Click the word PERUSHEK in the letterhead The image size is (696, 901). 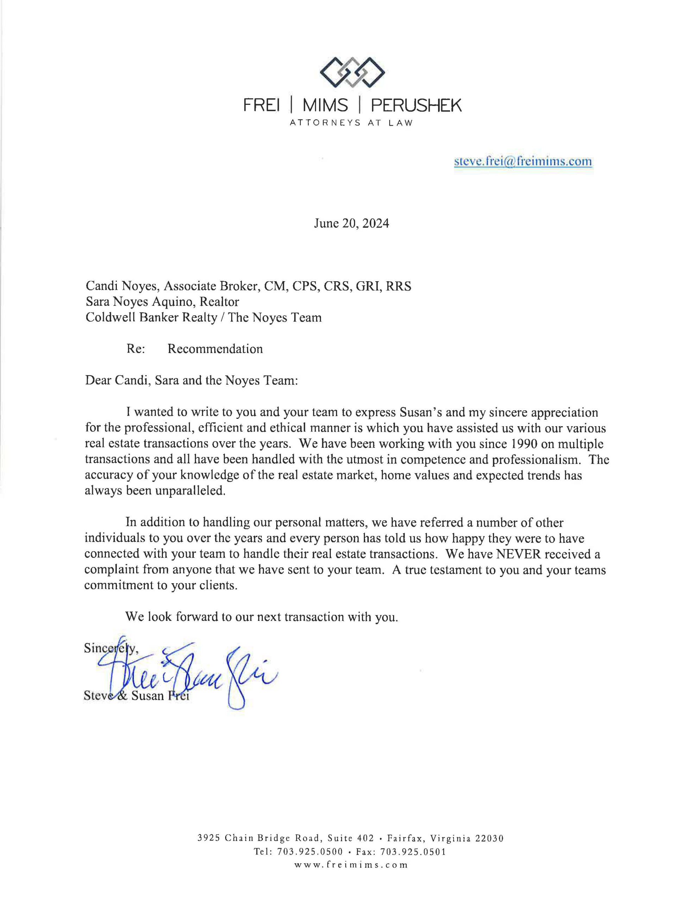click(x=416, y=106)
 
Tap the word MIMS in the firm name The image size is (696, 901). click(x=325, y=106)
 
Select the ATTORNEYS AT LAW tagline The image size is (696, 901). click(x=351, y=123)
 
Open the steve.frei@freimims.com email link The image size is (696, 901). click(x=523, y=161)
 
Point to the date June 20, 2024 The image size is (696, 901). click(x=351, y=223)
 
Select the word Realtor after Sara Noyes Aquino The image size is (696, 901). click(x=219, y=302)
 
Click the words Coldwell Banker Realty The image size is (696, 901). click(x=151, y=318)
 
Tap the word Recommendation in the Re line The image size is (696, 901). click(x=215, y=349)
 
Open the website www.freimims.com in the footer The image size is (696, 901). click(x=351, y=865)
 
